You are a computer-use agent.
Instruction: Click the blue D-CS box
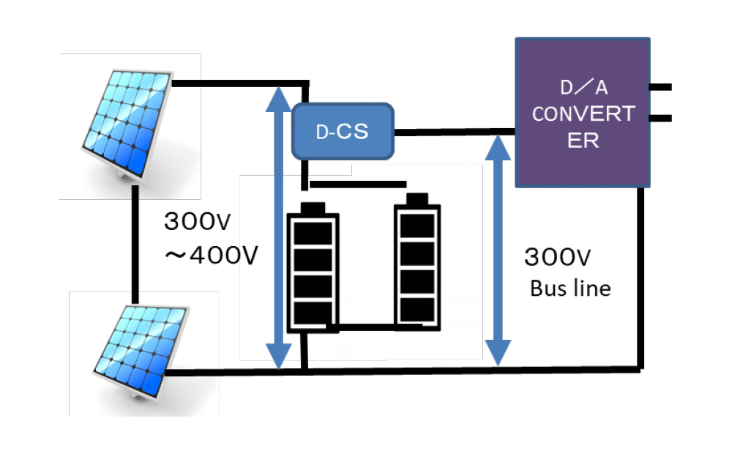point(343,132)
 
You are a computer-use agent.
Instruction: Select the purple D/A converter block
point(583,112)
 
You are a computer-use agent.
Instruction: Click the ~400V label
point(209,256)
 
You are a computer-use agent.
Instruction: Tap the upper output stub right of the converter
point(660,87)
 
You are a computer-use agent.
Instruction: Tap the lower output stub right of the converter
point(660,117)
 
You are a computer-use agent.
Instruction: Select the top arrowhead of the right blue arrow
point(498,149)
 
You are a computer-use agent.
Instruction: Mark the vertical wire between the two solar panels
point(135,245)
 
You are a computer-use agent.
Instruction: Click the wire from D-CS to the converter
point(454,133)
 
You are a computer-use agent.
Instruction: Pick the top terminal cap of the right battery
point(417,198)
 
